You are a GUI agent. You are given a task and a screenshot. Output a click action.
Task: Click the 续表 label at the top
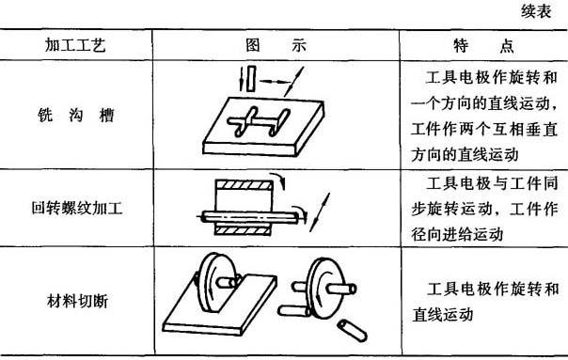536,11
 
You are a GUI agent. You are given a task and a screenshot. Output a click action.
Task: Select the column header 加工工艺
75,45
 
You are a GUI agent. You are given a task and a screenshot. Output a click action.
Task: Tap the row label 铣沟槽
76,116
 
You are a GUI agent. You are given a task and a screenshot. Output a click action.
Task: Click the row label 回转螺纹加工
77,208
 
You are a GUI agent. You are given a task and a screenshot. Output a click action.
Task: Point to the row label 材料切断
77,301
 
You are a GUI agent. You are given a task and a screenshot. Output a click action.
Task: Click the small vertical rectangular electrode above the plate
251,79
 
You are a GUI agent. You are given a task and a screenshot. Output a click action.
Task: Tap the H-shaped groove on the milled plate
259,122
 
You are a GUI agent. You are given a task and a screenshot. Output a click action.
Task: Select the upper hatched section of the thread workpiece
245,185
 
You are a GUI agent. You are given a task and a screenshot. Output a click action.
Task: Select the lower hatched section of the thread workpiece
243,230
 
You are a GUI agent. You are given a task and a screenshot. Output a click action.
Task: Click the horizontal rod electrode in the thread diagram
250,217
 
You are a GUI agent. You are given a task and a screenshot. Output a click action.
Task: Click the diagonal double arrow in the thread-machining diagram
320,212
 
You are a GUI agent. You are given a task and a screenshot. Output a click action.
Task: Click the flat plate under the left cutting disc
220,305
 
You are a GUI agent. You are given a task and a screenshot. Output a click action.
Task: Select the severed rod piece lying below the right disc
352,329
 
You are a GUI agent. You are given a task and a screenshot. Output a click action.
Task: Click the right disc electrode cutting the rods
324,289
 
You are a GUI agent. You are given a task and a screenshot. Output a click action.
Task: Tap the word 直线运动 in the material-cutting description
443,314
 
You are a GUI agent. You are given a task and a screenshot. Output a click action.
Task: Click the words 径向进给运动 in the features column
457,233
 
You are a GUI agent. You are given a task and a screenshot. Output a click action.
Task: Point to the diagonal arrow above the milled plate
293,82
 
